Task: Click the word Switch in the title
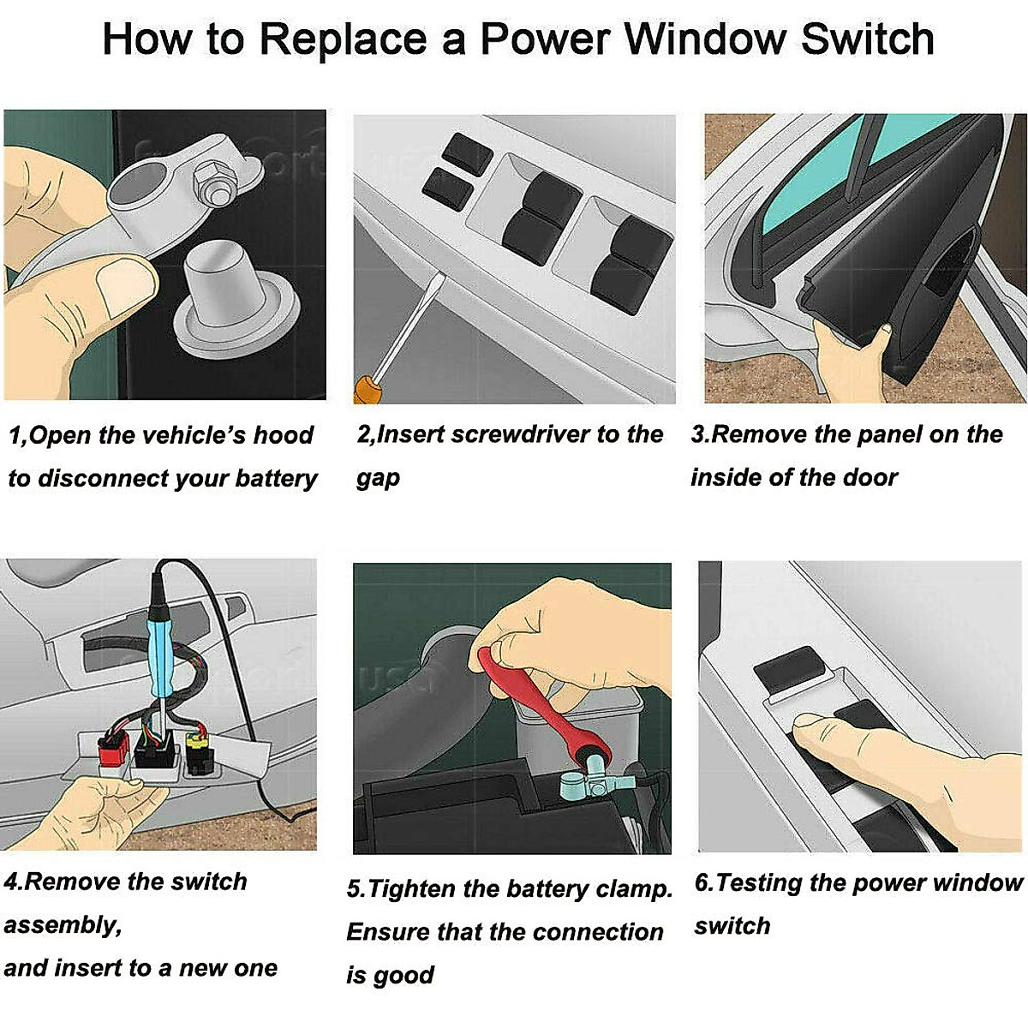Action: point(868,39)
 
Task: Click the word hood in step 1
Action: point(283,435)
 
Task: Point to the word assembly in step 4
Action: point(63,925)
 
